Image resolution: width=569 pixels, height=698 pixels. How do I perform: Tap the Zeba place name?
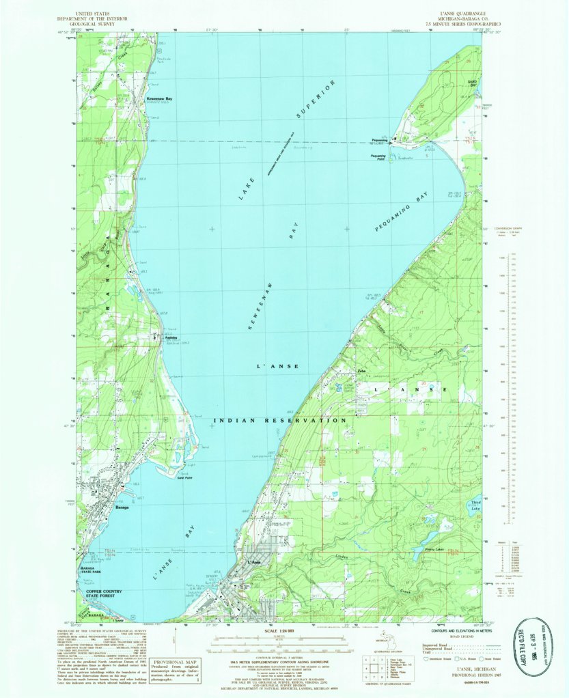tap(363, 371)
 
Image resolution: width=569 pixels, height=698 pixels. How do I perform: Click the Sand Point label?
tap(183, 479)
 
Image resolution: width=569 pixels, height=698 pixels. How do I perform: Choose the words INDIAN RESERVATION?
tap(280, 421)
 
